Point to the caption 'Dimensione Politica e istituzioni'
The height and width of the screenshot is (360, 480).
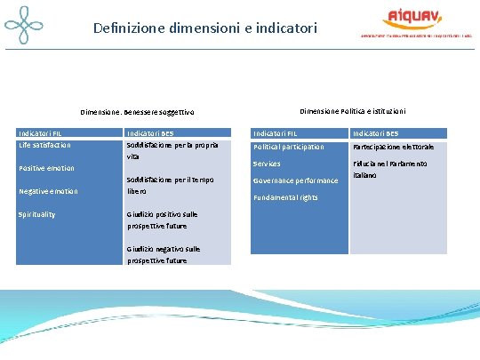352,111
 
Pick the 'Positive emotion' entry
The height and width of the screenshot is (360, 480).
46,168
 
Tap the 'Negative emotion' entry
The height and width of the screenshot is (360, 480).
48,191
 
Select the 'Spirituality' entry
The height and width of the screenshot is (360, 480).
37,214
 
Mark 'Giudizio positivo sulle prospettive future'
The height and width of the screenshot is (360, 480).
163,220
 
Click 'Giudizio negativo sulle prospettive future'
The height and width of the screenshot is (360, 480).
163,254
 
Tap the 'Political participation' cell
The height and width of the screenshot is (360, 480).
289,147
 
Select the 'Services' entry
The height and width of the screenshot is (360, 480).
267,164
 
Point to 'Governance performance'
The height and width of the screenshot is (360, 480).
295,180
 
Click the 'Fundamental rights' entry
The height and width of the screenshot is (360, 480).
285,197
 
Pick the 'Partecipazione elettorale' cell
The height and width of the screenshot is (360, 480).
393,147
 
